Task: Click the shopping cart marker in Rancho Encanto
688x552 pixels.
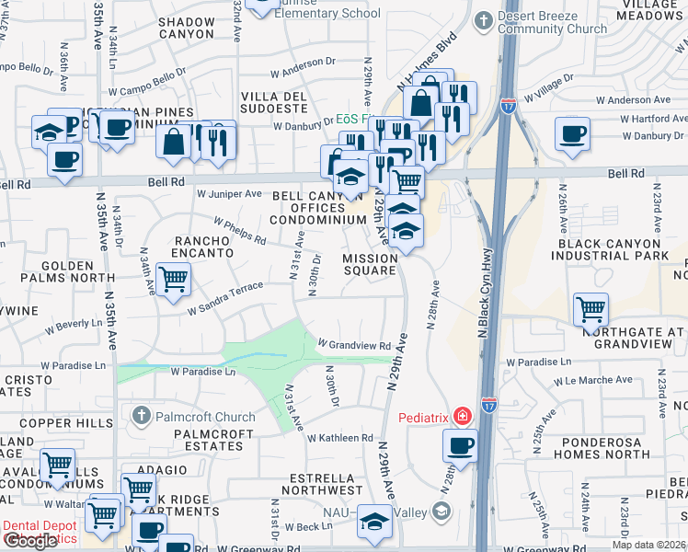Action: click(x=173, y=280)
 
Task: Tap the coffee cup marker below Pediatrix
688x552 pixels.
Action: click(x=460, y=445)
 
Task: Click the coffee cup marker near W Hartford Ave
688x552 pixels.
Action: click(x=572, y=134)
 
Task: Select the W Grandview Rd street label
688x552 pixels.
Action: click(x=355, y=345)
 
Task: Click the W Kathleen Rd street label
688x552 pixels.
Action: click(x=339, y=438)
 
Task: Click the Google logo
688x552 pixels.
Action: click(x=30, y=541)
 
